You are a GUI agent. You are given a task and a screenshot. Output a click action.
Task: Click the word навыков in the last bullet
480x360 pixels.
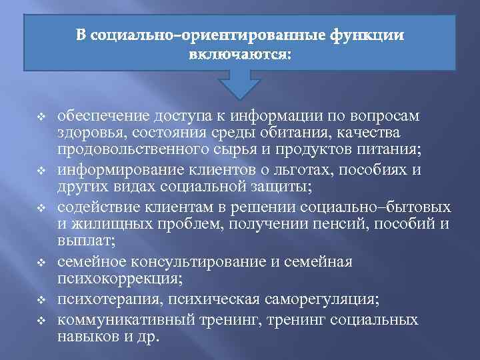coord(86,337)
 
